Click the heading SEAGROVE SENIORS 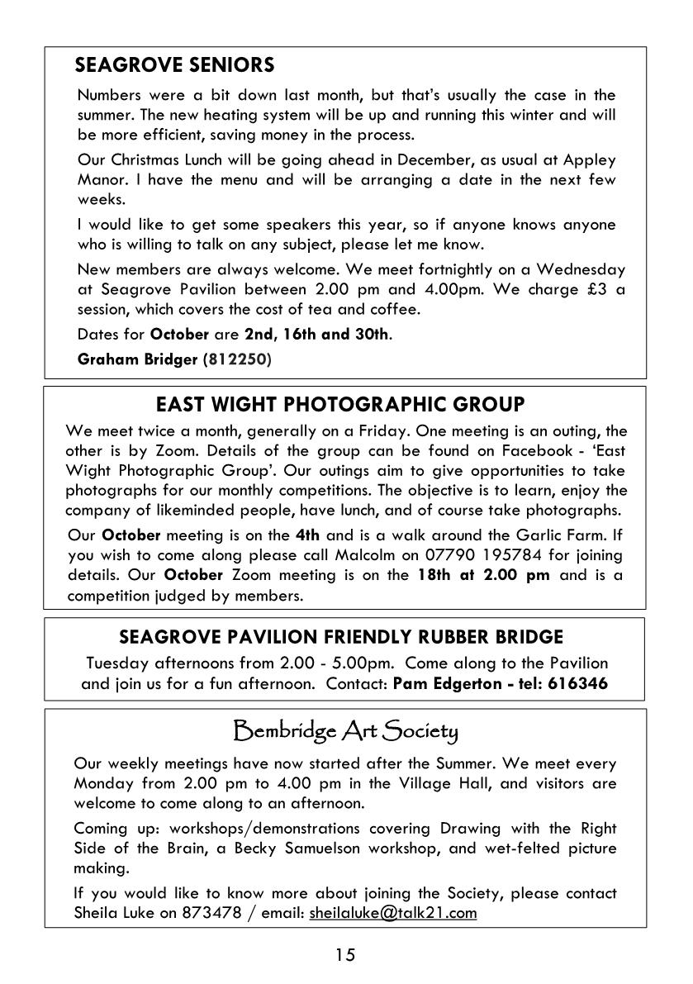pos(174,64)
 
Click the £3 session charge pos(594,289)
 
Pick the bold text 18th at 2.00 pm pos(483,575)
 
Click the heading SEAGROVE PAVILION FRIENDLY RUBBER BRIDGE pos(341,637)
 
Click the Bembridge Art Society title pos(345,731)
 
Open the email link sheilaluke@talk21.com pos(393,913)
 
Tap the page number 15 pos(345,955)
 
